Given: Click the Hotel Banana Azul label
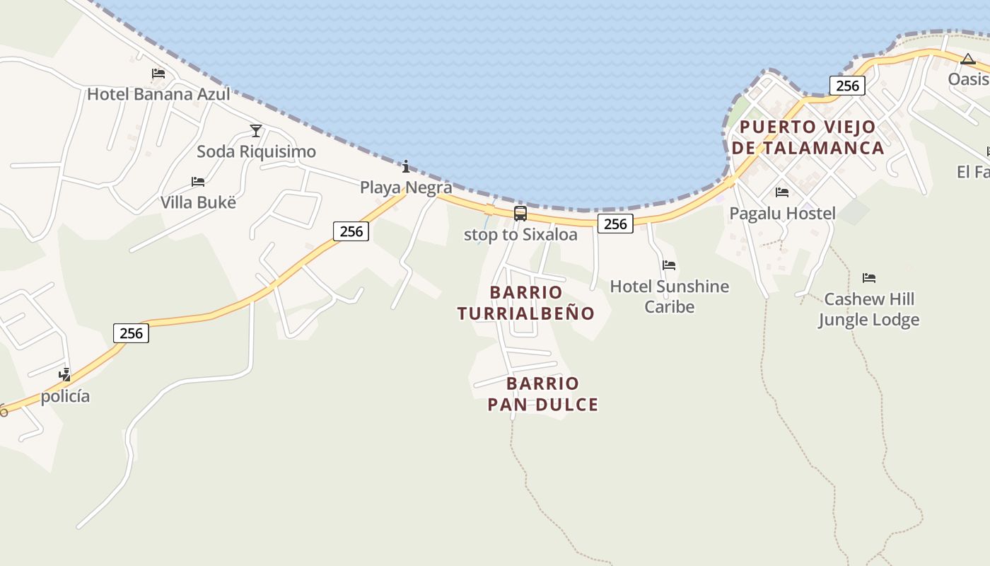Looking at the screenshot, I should pos(158,93).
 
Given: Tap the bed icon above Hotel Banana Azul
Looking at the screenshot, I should pos(158,74).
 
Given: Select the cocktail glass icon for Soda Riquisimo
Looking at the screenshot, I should pos(256,131).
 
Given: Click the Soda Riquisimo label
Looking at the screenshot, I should pos(256,151).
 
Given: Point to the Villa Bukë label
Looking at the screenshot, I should pos(198,202).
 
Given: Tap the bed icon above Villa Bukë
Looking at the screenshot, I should pos(198,182).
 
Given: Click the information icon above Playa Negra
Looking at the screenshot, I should pos(406,167).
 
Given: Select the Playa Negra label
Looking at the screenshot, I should pos(406,187).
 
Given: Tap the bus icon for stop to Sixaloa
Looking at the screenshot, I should pos(520,213).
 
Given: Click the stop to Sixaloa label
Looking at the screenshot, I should pos(520,234).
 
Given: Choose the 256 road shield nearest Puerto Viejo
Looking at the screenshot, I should pos(847,86).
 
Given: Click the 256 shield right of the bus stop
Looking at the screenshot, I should pos(615,224).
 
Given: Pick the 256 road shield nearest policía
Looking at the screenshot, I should pos(131,333).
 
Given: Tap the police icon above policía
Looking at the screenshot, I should pos(65,375).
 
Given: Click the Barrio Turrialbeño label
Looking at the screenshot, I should pos(526,303).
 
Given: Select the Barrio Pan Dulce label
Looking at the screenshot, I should pos(543,394).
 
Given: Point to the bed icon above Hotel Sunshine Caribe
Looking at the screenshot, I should pos(669,265).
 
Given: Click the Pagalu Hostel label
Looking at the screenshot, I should pos(782,213).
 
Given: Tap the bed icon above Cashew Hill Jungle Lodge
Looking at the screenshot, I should pos(869,278).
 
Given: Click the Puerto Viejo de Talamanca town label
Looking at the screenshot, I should pos(808,137).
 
